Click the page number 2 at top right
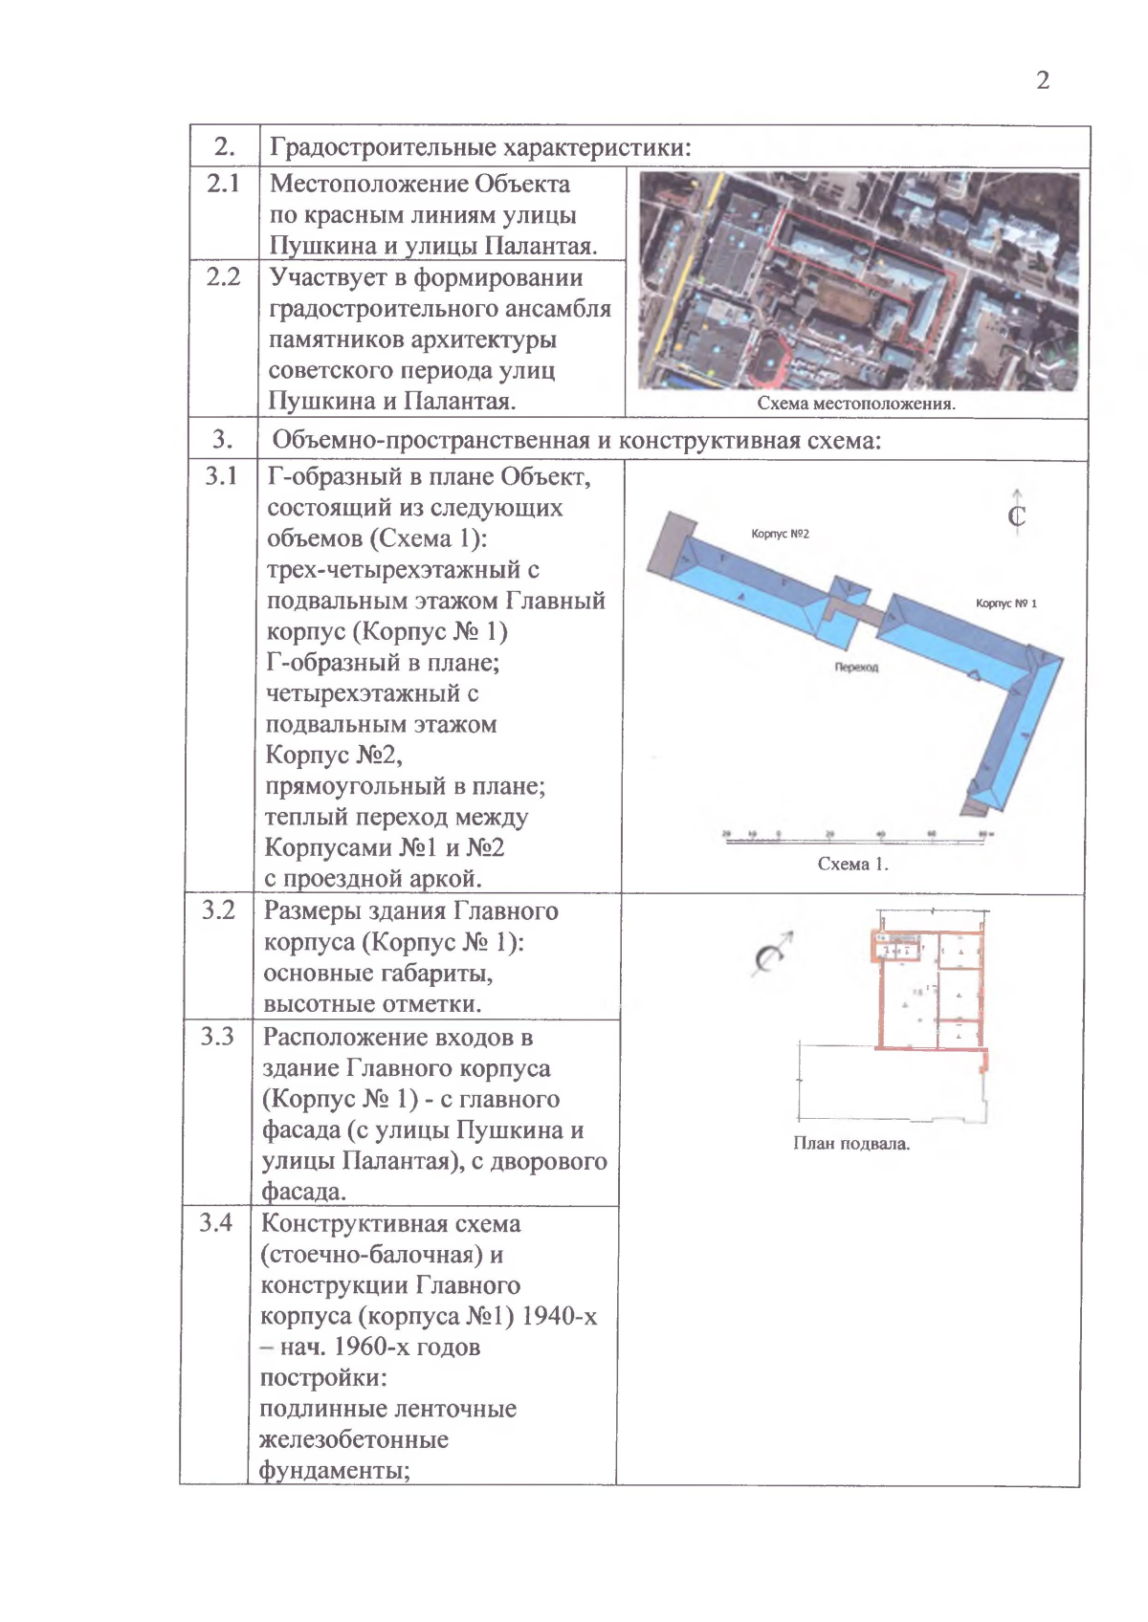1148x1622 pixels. click(1042, 80)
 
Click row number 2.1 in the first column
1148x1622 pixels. click(223, 183)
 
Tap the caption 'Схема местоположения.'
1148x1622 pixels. click(855, 404)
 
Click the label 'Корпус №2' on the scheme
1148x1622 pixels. click(780, 534)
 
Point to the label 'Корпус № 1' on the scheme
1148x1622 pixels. click(1005, 603)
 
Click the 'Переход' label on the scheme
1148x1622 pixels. click(855, 668)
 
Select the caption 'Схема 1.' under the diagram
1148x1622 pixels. click(852, 864)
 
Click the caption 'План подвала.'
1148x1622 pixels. click(850, 1144)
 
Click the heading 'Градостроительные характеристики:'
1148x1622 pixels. click(480, 147)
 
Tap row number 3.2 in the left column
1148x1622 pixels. click(218, 910)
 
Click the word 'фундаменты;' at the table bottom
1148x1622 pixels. click(334, 1471)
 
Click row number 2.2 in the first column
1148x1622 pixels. click(223, 276)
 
